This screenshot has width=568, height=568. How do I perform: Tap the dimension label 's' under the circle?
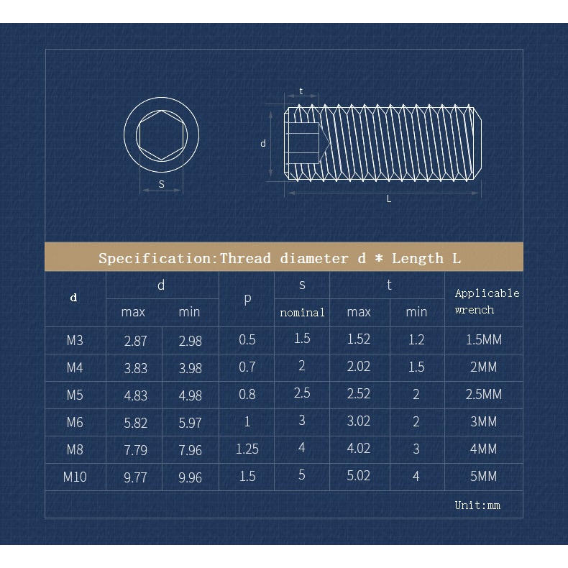[162, 184]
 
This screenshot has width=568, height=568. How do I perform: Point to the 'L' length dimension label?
[389, 199]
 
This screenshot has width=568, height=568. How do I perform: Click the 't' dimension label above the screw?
[301, 91]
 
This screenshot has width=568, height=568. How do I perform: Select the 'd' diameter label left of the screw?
[263, 144]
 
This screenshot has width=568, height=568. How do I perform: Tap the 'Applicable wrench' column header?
[487, 301]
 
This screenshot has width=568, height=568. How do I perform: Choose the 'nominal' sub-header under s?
[302, 312]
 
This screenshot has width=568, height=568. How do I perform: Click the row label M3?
[75, 340]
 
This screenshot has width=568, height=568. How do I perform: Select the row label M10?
[75, 476]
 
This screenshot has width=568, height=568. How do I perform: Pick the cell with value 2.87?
[135, 341]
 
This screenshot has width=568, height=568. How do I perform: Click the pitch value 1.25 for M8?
[247, 449]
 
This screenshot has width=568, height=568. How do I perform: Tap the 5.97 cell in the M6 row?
[190, 423]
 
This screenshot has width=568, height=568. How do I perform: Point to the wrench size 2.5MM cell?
[483, 395]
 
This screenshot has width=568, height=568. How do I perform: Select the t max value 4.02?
[358, 449]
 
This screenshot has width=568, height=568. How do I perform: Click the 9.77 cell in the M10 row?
[135, 477]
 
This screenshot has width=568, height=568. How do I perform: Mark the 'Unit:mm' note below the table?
[477, 505]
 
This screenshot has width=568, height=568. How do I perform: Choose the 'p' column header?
[247, 298]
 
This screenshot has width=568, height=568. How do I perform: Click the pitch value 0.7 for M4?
[247, 367]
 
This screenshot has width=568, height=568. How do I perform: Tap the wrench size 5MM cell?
[483, 476]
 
